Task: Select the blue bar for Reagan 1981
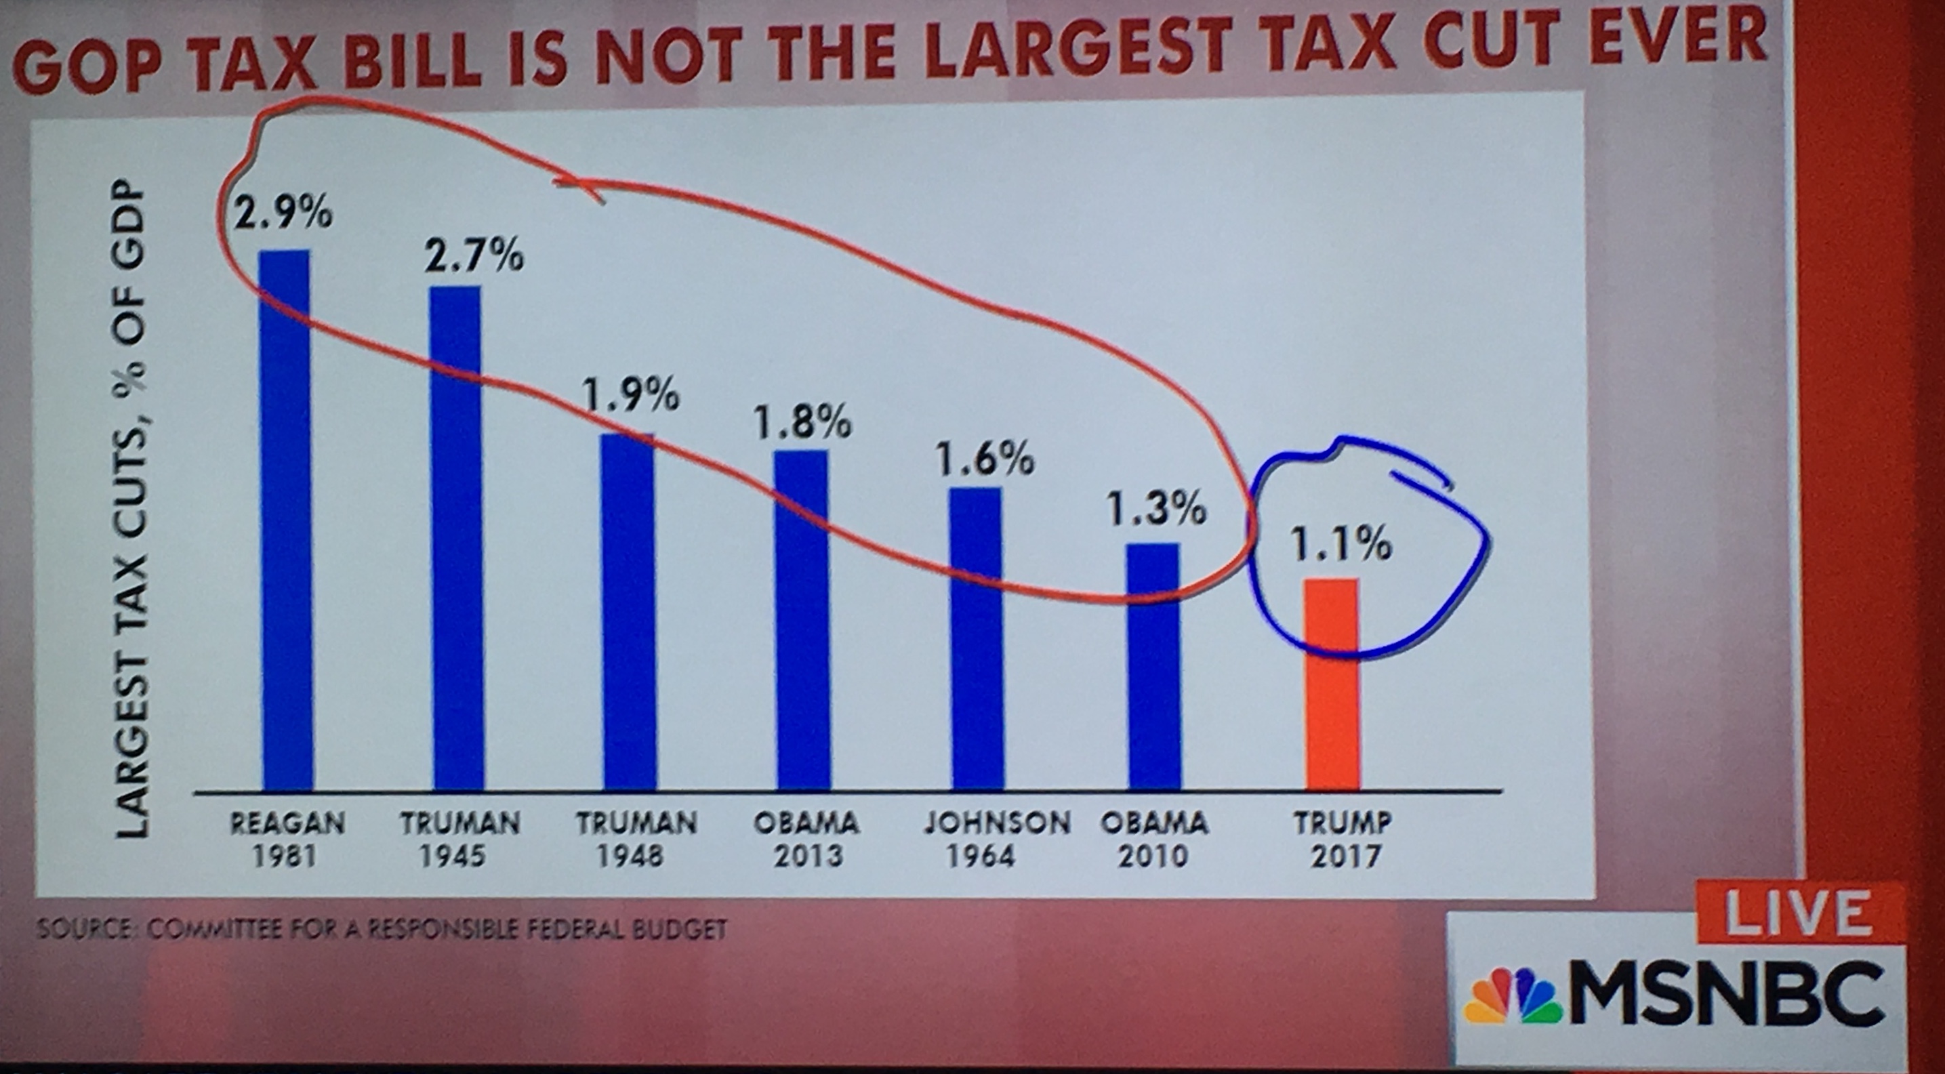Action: click(286, 521)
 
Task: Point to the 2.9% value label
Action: click(282, 213)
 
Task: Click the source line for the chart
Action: click(382, 928)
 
